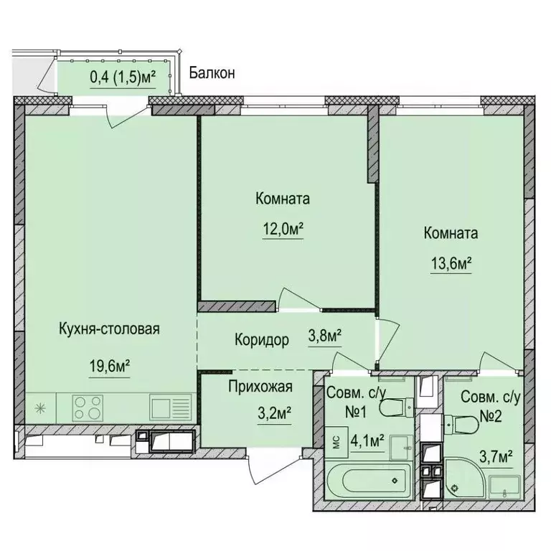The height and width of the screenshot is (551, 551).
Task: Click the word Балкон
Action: point(212,72)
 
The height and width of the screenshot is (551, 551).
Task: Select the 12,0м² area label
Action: point(283,230)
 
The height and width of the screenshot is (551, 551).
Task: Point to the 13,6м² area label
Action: point(451,264)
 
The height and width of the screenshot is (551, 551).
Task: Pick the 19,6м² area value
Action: point(109,366)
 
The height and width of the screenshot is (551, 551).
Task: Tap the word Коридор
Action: point(262,340)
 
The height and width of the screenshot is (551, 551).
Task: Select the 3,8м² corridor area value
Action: point(324,335)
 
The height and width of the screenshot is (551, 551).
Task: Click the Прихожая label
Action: point(260,388)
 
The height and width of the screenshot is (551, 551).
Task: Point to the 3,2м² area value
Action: point(260,414)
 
